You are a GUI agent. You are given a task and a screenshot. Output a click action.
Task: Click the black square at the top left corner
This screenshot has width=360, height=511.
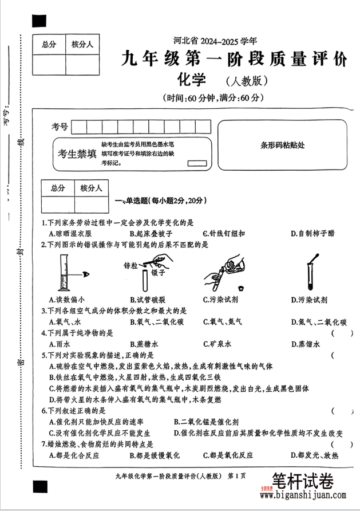39,21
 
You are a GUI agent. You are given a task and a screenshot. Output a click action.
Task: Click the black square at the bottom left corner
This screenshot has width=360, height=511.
39,486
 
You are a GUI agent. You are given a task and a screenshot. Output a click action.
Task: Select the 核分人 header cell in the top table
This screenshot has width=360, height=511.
82,44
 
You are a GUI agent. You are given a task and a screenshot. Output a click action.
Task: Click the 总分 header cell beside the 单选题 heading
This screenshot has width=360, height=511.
58,188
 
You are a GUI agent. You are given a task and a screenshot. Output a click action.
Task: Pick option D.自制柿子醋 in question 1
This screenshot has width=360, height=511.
313,233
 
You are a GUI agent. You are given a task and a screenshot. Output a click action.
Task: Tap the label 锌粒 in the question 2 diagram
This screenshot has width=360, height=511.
131,266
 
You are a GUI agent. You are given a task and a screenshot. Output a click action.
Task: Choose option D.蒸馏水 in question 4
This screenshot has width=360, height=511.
305,344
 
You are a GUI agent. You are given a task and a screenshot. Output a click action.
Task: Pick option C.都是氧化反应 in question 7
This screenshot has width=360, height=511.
228,455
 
